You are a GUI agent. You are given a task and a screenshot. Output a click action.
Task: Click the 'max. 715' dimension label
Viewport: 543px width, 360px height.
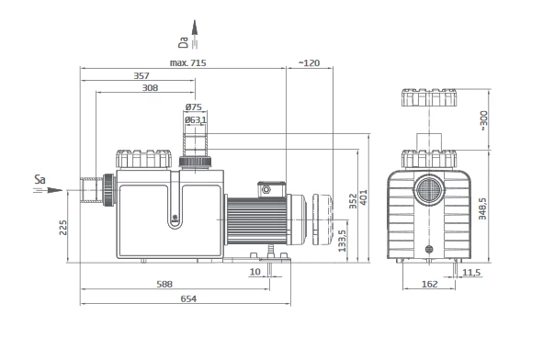(187, 63)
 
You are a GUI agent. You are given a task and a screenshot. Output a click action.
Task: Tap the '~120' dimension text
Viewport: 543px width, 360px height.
(309, 63)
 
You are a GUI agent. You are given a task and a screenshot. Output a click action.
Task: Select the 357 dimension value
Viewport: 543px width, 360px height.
(141, 75)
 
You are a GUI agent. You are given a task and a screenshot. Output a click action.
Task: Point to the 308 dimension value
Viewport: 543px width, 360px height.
(151, 88)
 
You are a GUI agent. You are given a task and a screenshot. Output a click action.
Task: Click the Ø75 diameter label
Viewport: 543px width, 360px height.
(194, 107)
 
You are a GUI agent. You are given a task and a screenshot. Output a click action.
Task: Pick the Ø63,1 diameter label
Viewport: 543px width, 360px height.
(196, 119)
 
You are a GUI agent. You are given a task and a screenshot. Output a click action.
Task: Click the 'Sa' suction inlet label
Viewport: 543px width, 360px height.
(40, 180)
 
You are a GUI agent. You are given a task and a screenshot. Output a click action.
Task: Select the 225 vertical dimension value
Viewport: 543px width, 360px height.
(63, 228)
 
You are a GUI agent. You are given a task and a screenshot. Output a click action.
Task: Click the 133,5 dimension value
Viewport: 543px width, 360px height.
(342, 241)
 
